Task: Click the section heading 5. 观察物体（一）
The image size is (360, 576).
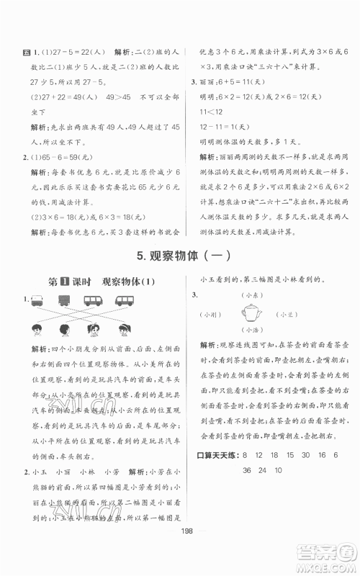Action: click(180, 256)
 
